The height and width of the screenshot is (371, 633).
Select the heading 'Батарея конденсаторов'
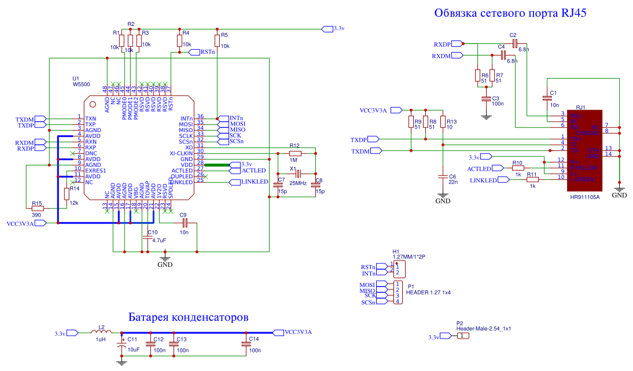click(189, 317)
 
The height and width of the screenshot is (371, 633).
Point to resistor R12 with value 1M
click(295, 153)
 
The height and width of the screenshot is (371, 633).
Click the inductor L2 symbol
click(101, 333)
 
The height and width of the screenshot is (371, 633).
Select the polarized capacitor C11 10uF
click(121, 346)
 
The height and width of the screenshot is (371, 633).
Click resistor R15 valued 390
click(37, 209)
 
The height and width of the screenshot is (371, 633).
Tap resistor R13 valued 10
click(443, 122)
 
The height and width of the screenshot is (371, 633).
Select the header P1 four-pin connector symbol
click(398, 293)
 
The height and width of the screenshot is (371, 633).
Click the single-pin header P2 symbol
click(463, 336)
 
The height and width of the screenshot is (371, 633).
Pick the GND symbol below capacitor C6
click(443, 199)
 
